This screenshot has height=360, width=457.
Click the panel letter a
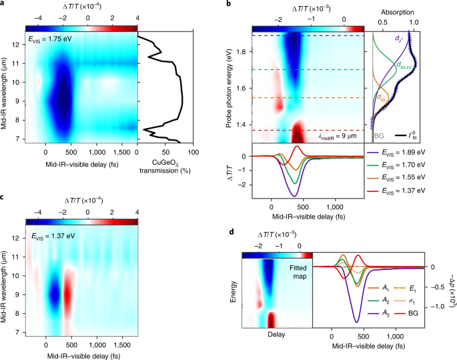4,5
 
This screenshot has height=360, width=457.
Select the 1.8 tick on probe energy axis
244,51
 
